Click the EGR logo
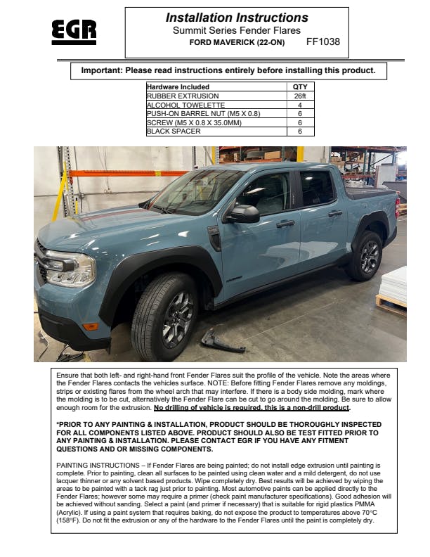pyautogui.click(x=74, y=31)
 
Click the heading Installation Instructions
pyautogui.click(x=237, y=18)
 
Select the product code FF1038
pyautogui.click(x=323, y=41)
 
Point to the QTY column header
pyautogui.click(x=299, y=87)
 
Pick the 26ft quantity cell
pyautogui.click(x=299, y=96)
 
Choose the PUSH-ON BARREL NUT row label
pyautogui.click(x=203, y=113)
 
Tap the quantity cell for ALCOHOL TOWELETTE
pyautogui.click(x=299, y=105)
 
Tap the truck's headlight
pyautogui.click(x=70, y=269)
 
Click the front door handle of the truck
pyautogui.click(x=285, y=224)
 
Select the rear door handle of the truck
pyautogui.click(x=335, y=212)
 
